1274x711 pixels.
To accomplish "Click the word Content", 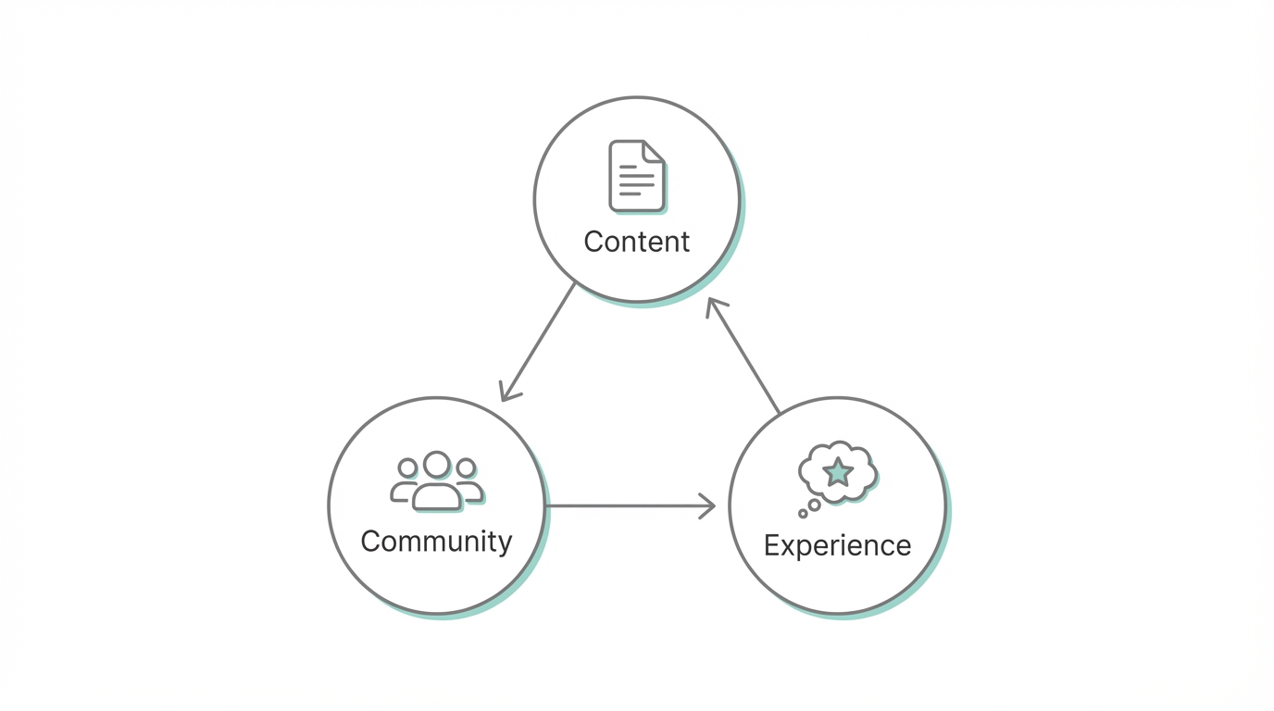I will tap(636, 242).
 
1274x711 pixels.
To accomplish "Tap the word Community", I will tap(435, 541).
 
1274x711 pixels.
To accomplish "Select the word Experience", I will tap(837, 545).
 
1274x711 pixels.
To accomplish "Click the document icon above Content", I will tap(636, 176).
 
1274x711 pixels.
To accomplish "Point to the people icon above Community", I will tap(436, 481).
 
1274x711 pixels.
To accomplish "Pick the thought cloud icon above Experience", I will tap(837, 472).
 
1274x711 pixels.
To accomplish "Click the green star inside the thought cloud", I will tap(838, 471).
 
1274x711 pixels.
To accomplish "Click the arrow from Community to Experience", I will tap(630, 505).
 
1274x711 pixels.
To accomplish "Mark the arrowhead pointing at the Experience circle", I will tap(708, 505).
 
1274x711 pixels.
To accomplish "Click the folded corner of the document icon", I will tap(653, 151).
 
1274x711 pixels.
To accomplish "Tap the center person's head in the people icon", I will tap(436, 464).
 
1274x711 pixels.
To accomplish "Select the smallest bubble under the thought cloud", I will tap(803, 514).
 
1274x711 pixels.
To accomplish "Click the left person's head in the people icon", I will tap(407, 468).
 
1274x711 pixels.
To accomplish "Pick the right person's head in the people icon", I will tap(466, 468).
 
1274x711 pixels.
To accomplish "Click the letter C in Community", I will tap(370, 541).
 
